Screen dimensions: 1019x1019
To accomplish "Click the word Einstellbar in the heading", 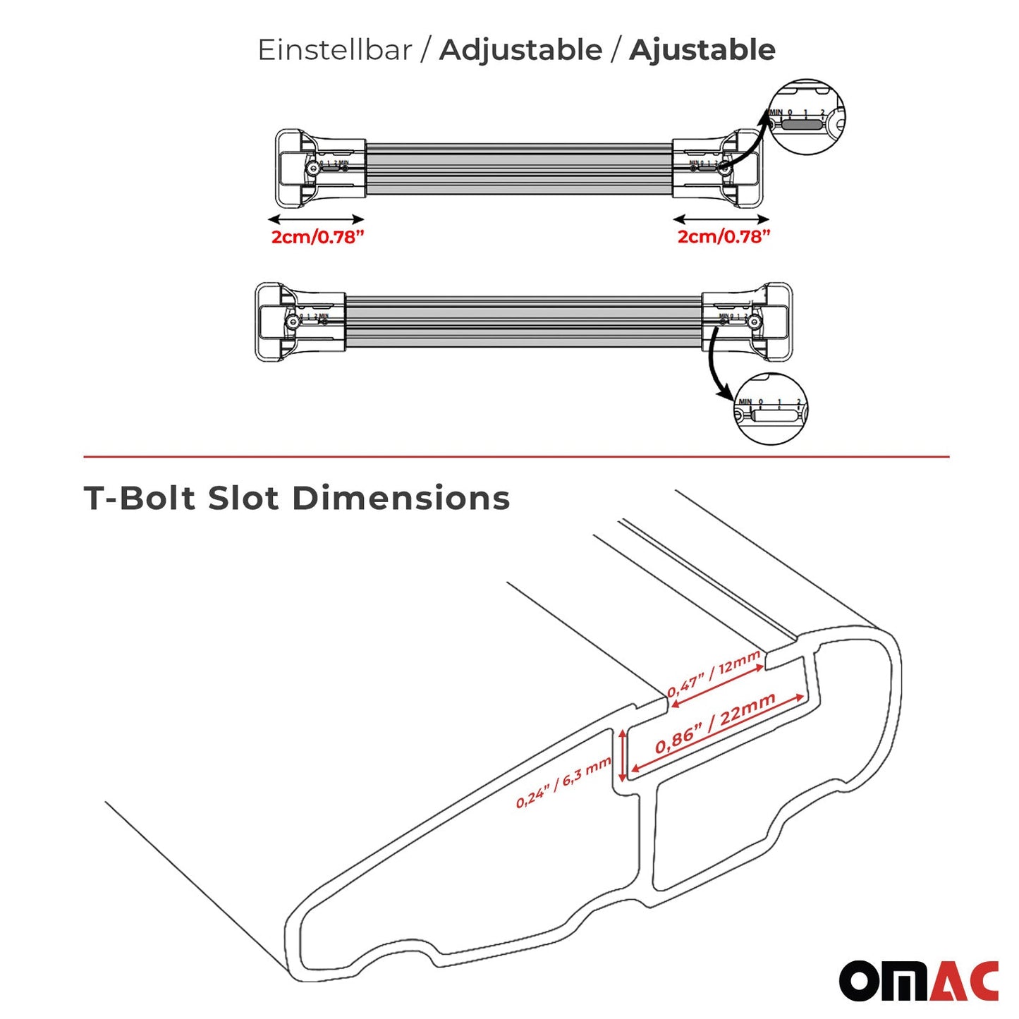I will click(x=335, y=50).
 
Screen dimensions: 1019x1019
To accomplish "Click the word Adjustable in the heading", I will click(x=520, y=50).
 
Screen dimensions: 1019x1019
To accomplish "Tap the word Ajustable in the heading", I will click(x=702, y=50).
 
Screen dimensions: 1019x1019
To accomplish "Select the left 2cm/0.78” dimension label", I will click(x=317, y=237).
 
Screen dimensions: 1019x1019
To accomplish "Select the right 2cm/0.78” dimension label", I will click(x=724, y=237).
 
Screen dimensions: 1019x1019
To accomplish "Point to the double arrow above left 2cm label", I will click(x=316, y=219).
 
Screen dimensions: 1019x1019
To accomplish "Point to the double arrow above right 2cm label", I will click(x=721, y=219).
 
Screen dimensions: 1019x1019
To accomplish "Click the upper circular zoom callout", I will click(x=805, y=117).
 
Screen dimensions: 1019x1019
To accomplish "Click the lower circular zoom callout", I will click(x=770, y=409).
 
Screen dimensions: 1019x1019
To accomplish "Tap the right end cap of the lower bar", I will click(x=773, y=322).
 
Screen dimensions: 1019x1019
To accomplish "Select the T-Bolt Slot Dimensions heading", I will click(x=297, y=498).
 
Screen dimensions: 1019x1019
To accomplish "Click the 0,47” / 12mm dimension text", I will click(x=714, y=673).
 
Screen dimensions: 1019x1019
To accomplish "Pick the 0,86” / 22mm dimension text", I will click(x=715, y=723).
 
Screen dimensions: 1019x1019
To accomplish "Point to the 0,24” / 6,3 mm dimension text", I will click(x=563, y=783).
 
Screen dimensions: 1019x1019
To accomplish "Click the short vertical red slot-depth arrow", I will click(x=623, y=756).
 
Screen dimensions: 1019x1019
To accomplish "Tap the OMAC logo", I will click(x=918, y=980).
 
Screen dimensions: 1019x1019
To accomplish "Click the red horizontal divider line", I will click(x=516, y=457).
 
